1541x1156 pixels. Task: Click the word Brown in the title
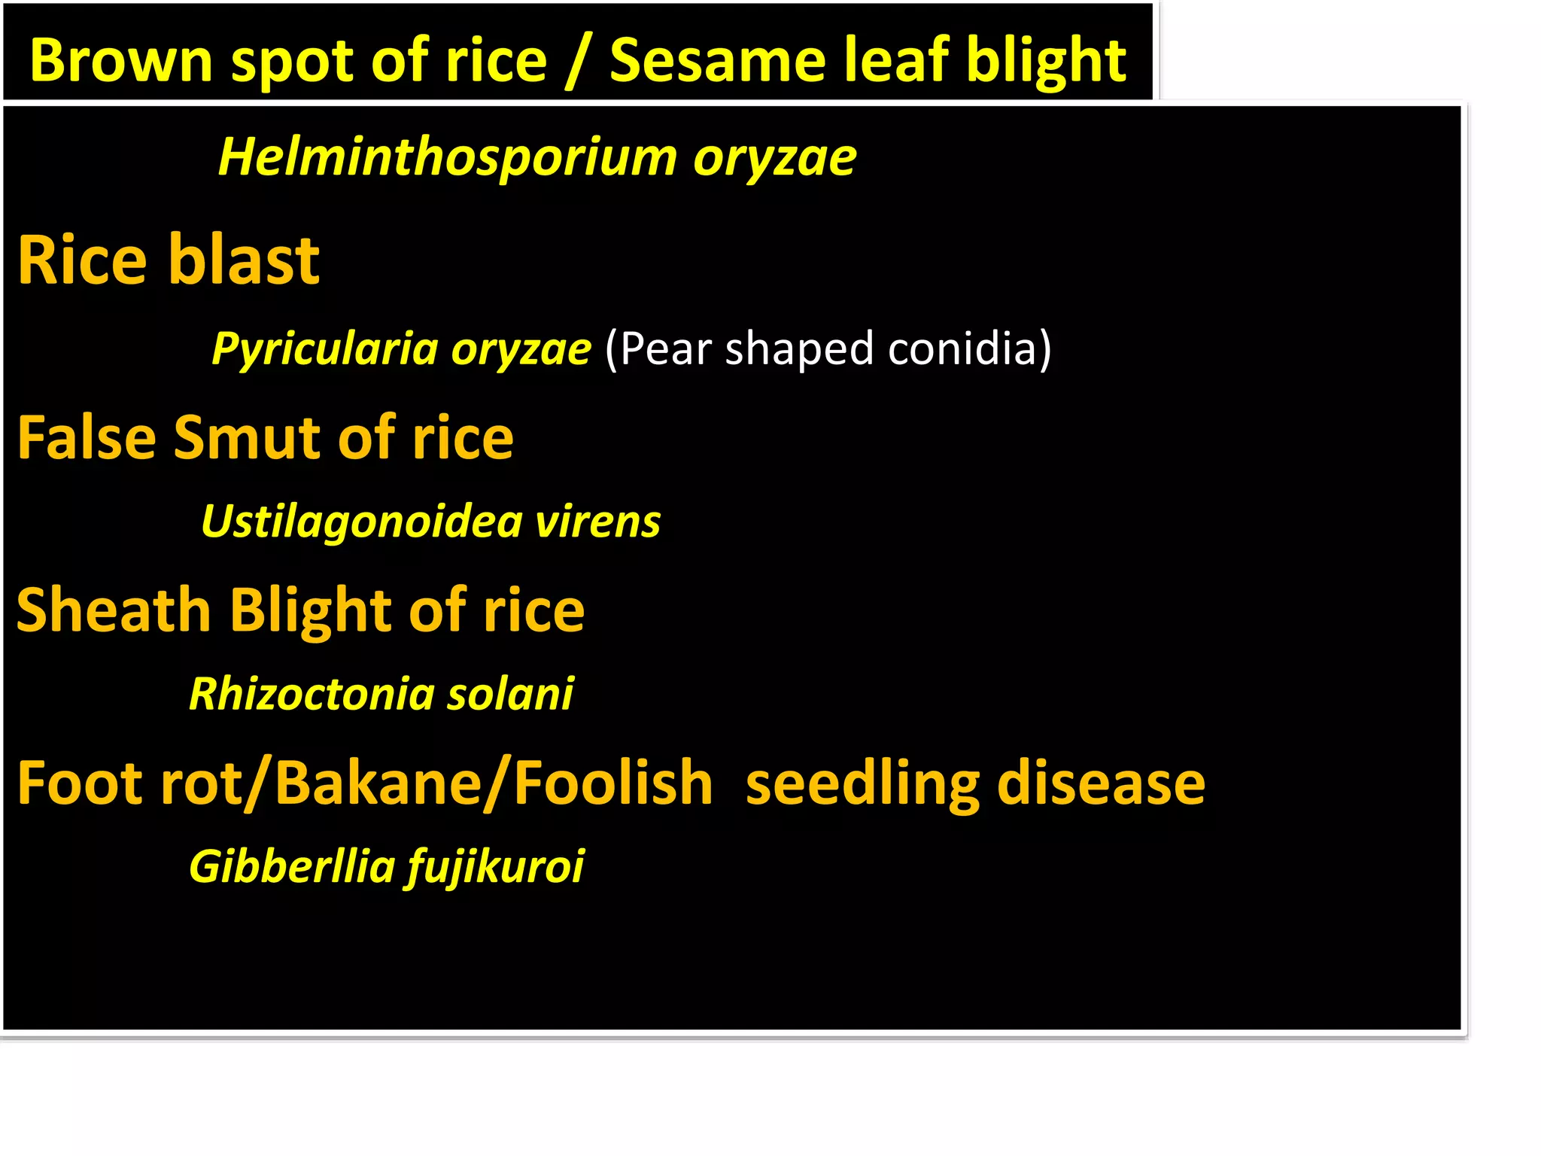tap(121, 60)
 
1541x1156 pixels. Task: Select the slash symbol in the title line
tap(578, 62)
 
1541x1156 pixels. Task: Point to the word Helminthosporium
tap(448, 157)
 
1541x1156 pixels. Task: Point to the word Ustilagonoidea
tap(362, 522)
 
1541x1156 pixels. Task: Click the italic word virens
tap(597, 522)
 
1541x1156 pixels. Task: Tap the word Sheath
tap(113, 610)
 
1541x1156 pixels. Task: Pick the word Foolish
tap(613, 783)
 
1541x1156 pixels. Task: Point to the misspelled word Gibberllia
tap(292, 866)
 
